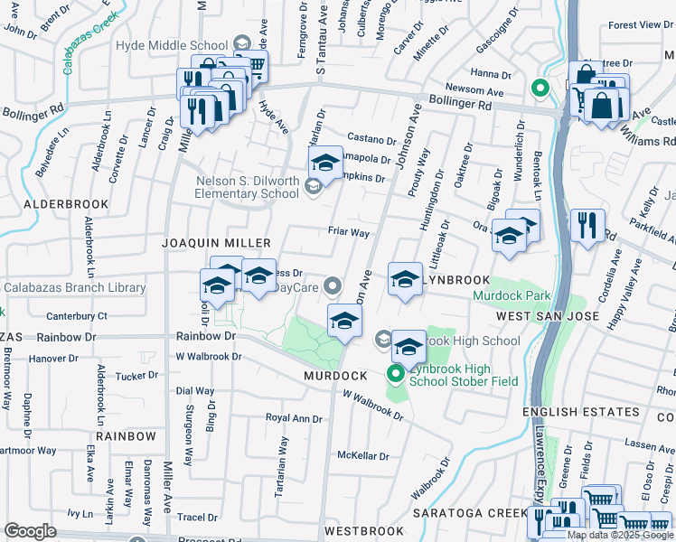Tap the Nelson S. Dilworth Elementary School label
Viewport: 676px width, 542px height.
(248, 186)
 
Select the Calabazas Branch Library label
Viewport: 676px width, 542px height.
(74, 288)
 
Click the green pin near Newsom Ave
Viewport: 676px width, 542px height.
(540, 89)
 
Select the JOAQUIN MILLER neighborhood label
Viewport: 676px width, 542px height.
(216, 244)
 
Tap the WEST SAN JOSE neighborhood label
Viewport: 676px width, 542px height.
(548, 316)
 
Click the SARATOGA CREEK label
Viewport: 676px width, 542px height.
(469, 513)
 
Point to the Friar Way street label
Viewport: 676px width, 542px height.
(349, 233)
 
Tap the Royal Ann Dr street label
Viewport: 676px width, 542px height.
(294, 418)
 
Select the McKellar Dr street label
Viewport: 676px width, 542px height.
(362, 456)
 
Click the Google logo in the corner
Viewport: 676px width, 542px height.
(30, 531)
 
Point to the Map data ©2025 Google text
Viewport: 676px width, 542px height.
(619, 535)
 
